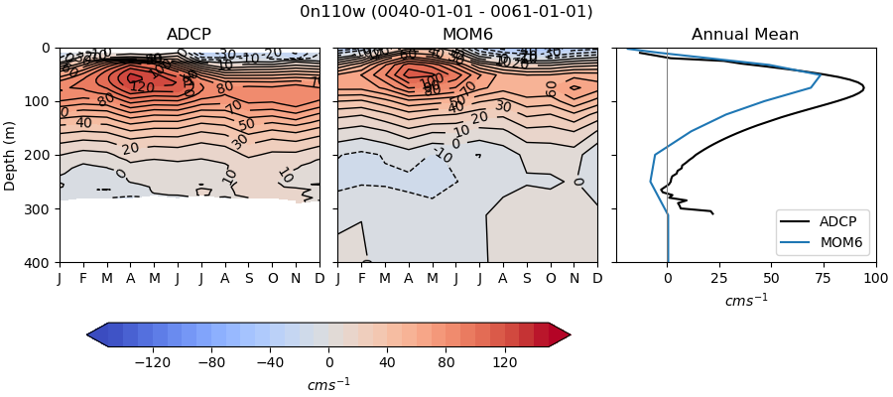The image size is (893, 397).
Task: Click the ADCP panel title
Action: pos(189,35)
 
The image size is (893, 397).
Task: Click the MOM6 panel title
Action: pos(467,35)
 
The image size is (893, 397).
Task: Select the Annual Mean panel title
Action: pos(745,35)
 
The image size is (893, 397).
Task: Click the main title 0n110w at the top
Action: pos(446,12)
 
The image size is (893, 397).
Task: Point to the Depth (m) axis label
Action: pos(11,155)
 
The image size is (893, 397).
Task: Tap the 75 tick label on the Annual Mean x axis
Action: pos(824,279)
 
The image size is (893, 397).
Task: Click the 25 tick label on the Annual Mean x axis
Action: pos(719,279)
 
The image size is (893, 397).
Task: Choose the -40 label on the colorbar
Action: pos(270,363)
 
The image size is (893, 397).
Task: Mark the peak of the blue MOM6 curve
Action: pos(821,74)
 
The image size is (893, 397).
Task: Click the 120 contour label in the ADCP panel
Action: pos(142,87)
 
